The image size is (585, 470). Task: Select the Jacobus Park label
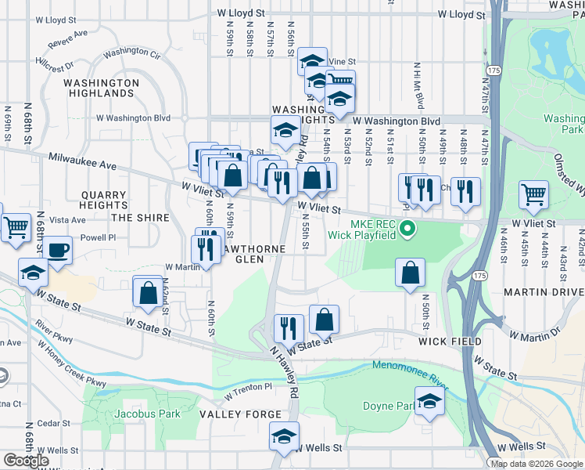147,414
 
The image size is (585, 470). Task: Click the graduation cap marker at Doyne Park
429,403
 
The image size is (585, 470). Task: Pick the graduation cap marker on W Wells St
284,437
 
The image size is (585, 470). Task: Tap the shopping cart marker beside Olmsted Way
533,195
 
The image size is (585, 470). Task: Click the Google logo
26,461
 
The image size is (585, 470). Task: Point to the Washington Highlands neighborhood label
101,88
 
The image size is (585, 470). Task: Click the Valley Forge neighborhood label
240,414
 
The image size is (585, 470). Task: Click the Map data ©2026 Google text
537,463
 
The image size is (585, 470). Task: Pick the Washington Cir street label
131,54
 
